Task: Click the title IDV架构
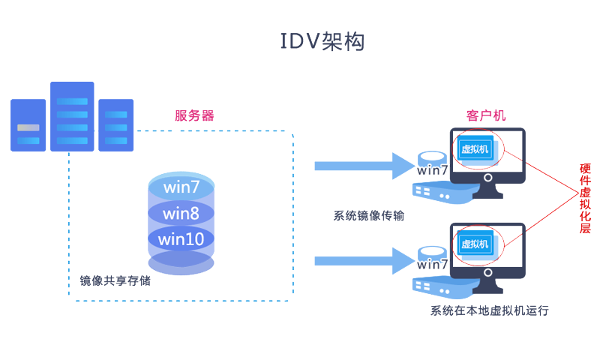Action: pos(322,42)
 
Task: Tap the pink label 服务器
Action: pos(195,115)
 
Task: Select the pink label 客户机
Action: pos(486,115)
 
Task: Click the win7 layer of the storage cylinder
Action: pos(181,186)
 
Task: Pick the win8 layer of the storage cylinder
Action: pos(181,214)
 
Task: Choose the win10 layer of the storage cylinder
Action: pos(181,239)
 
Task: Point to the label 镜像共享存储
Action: pos(115,281)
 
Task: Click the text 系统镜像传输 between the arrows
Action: pos(369,216)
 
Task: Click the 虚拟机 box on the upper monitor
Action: pos(475,148)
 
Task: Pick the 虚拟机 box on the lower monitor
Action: pos(475,244)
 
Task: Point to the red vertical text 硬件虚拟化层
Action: pos(585,199)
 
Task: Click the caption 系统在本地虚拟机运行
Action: pos(489,310)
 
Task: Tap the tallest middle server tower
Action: pos(72,116)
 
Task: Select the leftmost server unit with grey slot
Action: pos(28,125)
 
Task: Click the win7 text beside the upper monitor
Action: pos(433,170)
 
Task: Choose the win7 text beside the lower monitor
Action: pos(433,264)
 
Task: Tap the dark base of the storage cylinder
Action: pos(181,264)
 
